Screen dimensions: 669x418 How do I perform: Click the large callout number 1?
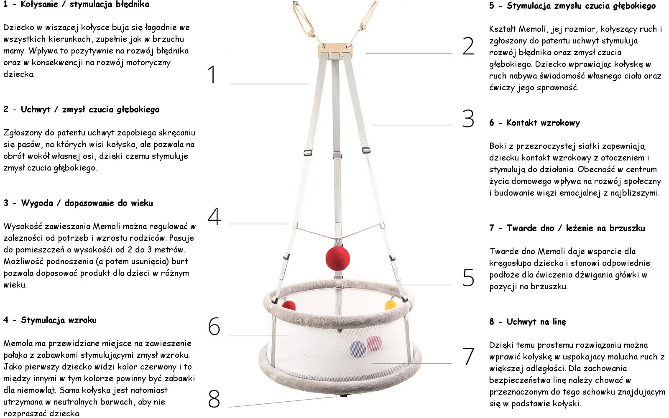(x=212, y=74)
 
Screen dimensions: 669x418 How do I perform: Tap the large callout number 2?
(x=468, y=46)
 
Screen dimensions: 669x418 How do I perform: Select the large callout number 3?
(x=468, y=119)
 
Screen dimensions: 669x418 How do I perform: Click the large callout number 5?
(x=468, y=278)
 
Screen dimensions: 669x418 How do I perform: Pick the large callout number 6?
(x=214, y=326)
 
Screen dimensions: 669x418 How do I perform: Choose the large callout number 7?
(x=468, y=356)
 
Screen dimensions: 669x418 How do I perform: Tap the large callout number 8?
(x=214, y=399)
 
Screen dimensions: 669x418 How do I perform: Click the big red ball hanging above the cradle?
(x=337, y=258)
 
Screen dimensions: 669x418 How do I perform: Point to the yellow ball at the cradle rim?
(x=391, y=305)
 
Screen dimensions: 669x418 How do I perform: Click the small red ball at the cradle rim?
(x=289, y=306)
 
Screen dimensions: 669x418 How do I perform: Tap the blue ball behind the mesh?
(x=357, y=349)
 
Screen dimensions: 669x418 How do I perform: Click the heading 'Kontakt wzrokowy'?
(x=543, y=123)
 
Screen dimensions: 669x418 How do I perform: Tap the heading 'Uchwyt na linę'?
(x=536, y=321)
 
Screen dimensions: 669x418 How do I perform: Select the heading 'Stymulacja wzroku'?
(x=59, y=320)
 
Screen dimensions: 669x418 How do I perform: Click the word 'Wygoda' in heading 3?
(x=37, y=203)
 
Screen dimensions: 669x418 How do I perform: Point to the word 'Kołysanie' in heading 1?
(x=39, y=4)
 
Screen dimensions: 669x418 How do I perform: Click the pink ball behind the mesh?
(x=374, y=343)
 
